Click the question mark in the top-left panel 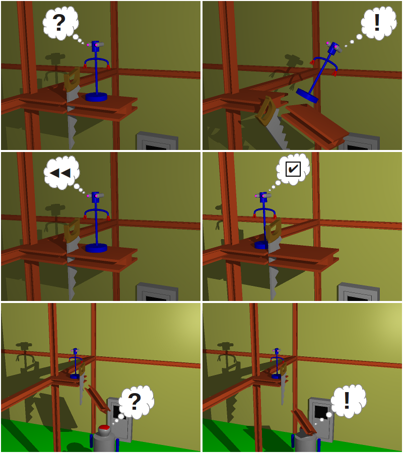pos(59,23)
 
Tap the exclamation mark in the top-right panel pos(377,22)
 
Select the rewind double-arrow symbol pos(60,173)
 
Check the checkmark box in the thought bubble pos(293,169)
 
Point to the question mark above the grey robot pos(135,401)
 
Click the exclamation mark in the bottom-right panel pos(347,400)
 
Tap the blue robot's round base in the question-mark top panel pos(96,97)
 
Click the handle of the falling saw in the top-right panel pos(265,112)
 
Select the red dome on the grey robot pos(104,428)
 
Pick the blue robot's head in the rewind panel pos(96,196)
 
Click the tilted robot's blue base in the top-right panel pos(307,96)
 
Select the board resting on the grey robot pos(304,422)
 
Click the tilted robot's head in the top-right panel pos(334,47)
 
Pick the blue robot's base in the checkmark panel pos(261,245)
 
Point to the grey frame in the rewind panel pos(157,291)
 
